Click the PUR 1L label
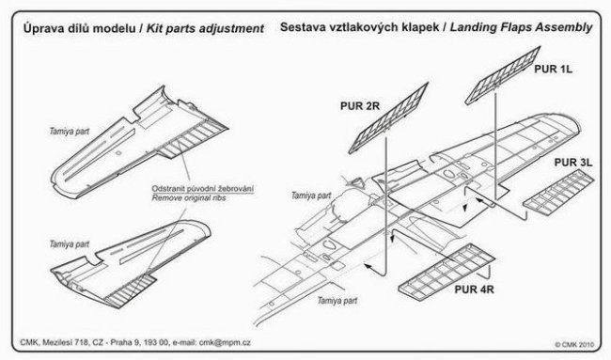pyautogui.click(x=553, y=69)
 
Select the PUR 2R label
pyautogui.click(x=360, y=106)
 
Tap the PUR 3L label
pyautogui.click(x=573, y=163)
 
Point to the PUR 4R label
pyautogui.click(x=474, y=290)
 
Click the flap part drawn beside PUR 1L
pyautogui.click(x=503, y=75)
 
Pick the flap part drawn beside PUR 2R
pyautogui.click(x=388, y=117)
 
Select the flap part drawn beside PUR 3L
pyautogui.click(x=558, y=193)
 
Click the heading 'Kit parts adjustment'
pyautogui.click(x=205, y=28)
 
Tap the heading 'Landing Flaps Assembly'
pyautogui.click(x=521, y=27)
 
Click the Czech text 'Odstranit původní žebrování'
pyautogui.click(x=203, y=189)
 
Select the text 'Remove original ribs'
pyautogui.click(x=189, y=198)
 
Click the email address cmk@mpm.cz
pyautogui.click(x=225, y=342)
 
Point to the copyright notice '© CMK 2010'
pyautogui.click(x=574, y=344)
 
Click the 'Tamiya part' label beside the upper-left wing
pyautogui.click(x=69, y=132)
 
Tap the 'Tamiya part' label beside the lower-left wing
pyautogui.click(x=69, y=244)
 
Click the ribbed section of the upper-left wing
pyautogui.click(x=192, y=139)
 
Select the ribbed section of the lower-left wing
pyautogui.click(x=130, y=290)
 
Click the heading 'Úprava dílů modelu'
pyautogui.click(x=80, y=28)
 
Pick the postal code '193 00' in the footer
pyautogui.click(x=156, y=342)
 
